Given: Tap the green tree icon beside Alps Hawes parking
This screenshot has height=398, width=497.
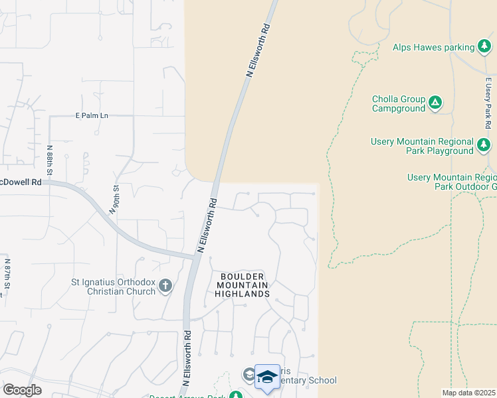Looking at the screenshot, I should (485, 47).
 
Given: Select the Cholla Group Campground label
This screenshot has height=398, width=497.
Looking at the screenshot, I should (398, 103).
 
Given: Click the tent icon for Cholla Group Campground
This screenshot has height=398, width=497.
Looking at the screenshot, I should (435, 103).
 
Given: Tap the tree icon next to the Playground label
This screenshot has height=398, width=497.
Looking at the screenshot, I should (484, 144).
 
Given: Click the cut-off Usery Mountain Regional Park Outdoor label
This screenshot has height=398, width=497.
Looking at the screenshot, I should (452, 182).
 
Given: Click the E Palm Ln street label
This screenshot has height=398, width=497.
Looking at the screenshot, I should (92, 115).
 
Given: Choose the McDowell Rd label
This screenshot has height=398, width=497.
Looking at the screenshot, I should (21, 182).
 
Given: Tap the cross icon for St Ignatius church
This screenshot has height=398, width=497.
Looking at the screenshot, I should (165, 286).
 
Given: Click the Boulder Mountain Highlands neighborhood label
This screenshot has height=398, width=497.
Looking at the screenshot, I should (243, 285).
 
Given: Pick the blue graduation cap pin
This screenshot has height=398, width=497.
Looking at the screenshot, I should (267, 377).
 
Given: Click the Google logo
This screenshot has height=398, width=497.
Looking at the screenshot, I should (22, 389).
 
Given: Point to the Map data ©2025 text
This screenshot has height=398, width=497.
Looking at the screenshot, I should (468, 393).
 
